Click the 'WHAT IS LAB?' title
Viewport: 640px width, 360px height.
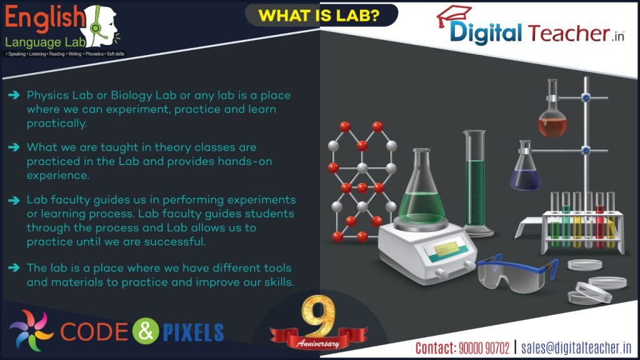319,15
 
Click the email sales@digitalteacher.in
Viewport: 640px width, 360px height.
576,347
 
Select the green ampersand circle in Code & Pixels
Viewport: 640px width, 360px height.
145,331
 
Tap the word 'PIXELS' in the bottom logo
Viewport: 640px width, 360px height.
193,332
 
